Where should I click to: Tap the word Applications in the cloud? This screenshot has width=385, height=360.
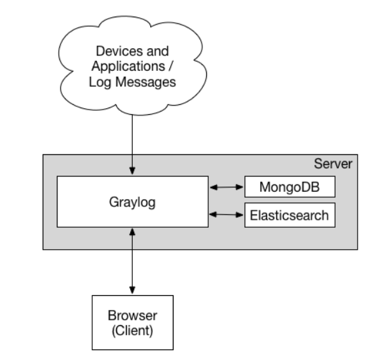tap(128, 67)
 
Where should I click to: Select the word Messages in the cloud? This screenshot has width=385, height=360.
tap(145, 82)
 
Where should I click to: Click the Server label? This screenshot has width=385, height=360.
tap(333, 164)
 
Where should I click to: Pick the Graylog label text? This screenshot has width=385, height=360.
tap(132, 202)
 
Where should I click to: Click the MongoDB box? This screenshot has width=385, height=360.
tap(290, 187)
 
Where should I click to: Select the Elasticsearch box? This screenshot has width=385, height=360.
tap(290, 215)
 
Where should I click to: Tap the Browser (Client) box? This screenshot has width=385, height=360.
tap(133, 323)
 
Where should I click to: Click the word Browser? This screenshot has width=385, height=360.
tap(132, 315)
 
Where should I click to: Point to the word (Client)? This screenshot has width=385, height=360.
tap(132, 331)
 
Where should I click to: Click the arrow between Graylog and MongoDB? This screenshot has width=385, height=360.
tap(226, 187)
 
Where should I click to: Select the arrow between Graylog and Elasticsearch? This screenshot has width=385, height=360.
tap(226, 214)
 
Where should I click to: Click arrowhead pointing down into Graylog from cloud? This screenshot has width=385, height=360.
tap(132, 171)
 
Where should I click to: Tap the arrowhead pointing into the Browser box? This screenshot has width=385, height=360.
tap(132, 290)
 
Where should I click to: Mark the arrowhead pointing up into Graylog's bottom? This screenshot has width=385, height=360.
tap(132, 232)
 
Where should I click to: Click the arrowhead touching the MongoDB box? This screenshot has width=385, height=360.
tap(240, 187)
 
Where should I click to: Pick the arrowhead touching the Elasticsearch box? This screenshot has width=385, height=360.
tap(240, 214)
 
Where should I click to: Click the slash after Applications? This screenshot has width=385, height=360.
tap(170, 66)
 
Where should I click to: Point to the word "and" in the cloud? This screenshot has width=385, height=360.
tap(157, 51)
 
